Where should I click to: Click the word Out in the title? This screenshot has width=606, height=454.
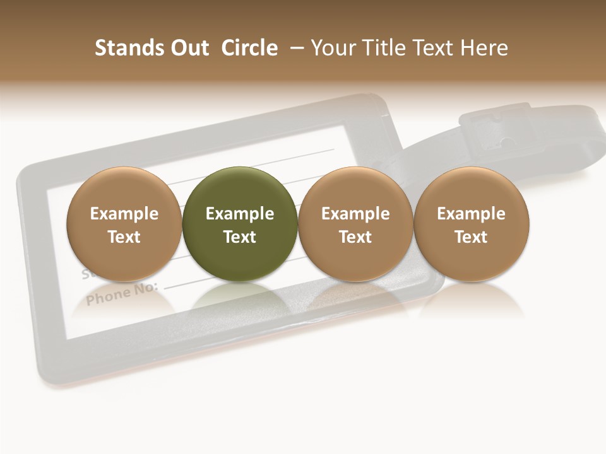point(188,48)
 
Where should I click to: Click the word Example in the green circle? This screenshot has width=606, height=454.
point(240,214)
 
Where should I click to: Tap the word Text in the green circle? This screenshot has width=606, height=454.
point(240,237)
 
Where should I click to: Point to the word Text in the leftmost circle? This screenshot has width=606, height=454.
point(124,237)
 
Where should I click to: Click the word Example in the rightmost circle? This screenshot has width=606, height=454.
point(472,214)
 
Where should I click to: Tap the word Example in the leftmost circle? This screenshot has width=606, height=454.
point(124,214)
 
